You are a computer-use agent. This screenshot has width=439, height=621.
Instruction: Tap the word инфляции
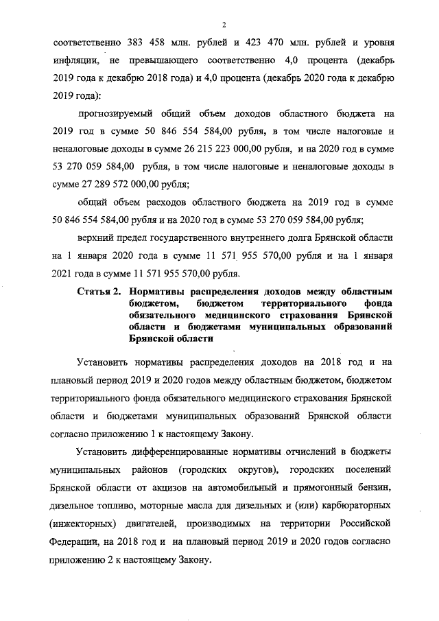tap(75, 60)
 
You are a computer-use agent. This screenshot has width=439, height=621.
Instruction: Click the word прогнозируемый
tap(114, 113)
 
